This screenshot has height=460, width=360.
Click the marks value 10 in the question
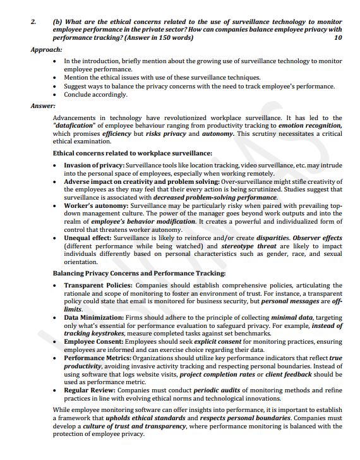[x=338, y=38]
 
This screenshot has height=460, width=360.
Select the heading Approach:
[x=46, y=49]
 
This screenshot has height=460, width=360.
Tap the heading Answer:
[x=43, y=106]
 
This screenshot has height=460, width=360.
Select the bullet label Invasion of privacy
[x=93, y=166]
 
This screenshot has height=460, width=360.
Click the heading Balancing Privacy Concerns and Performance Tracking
[x=139, y=274]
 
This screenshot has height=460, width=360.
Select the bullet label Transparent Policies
[x=97, y=286]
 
